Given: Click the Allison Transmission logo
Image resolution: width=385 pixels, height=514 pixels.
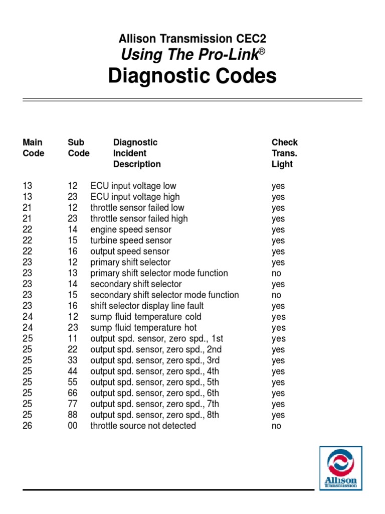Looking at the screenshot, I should coord(340,468).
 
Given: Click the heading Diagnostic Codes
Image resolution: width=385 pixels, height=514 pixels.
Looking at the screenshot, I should coord(192,76).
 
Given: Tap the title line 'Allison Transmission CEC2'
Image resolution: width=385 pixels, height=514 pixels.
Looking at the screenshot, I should coord(192,38).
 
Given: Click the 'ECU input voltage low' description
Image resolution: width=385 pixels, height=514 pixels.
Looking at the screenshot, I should coord(133,186).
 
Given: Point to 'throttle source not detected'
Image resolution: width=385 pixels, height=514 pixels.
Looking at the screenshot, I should coord(143,426).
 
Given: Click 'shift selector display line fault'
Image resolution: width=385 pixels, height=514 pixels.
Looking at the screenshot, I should coord(147,306).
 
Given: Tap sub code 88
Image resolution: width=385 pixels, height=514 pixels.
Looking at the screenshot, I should coord(73,415).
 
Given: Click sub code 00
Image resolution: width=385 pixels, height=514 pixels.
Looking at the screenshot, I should coord(73,426).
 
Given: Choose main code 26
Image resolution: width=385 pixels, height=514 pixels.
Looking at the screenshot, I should coord(28,426).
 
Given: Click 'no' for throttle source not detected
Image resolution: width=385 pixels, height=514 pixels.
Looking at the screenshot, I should coord(276,426).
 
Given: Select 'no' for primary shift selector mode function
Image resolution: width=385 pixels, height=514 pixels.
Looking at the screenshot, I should coord(276,273).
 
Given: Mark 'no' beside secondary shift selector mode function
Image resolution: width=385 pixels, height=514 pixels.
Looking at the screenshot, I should coord(276,295).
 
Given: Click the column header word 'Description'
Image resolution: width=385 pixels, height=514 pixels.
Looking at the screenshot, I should coord(137,164).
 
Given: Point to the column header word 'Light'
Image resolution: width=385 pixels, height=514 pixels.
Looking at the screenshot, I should coord(282,164).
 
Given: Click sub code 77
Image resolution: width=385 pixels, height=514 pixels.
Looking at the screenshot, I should coord(73,404).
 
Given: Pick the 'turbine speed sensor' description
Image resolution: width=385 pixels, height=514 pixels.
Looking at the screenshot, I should coord(131,240).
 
